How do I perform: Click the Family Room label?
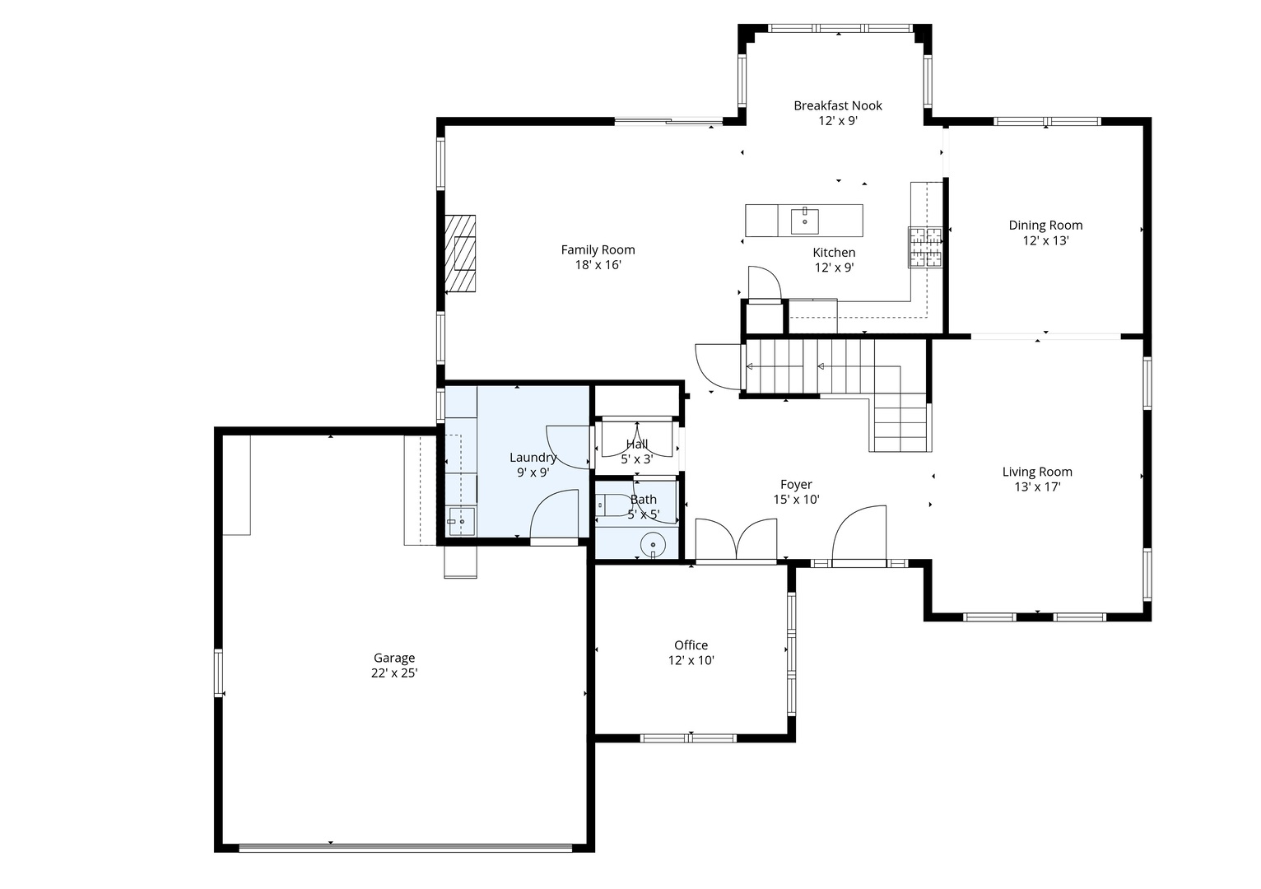tap(598, 250)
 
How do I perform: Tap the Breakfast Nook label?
tap(837, 105)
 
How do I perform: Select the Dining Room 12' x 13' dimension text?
tap(1045, 241)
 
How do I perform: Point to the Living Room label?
tap(1036, 472)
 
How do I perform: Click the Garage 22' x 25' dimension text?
tap(394, 673)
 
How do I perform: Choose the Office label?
tap(691, 645)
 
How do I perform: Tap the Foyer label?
tap(796, 485)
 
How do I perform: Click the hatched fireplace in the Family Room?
tap(461, 254)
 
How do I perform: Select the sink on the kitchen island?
tap(804, 221)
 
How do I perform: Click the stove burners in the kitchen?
tap(925, 247)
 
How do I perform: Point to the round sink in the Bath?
tap(653, 544)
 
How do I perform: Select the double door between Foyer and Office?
tap(736, 542)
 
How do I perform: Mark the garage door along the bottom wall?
tap(405, 847)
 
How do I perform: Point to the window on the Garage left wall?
tap(219, 673)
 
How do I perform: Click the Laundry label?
tap(533, 458)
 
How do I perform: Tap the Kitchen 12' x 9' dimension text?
tap(834, 268)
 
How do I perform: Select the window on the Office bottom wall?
tap(688, 738)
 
